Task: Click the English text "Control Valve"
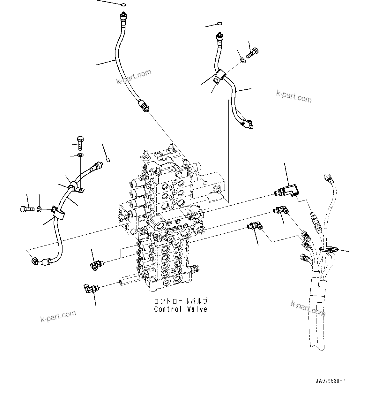pyautogui.click(x=181, y=309)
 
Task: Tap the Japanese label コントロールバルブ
pyautogui.click(x=181, y=301)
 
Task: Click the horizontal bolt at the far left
pyautogui.click(x=26, y=209)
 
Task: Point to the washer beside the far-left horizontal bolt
pyautogui.click(x=39, y=209)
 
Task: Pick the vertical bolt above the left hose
pyautogui.click(x=80, y=143)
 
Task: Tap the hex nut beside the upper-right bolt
pyautogui.click(x=242, y=59)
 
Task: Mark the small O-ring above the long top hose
pyautogui.click(x=124, y=5)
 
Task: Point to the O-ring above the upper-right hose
pyautogui.click(x=219, y=24)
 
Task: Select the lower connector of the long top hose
pyautogui.click(x=144, y=106)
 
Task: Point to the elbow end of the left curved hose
pyautogui.click(x=36, y=262)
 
